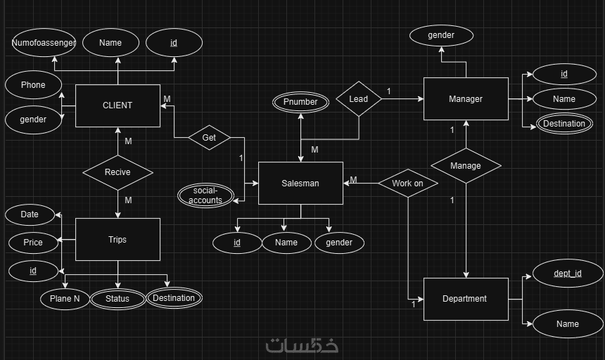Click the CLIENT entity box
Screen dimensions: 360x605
tap(117, 106)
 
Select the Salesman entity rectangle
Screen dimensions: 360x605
tap(300, 184)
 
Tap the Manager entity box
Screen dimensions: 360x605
tap(466, 99)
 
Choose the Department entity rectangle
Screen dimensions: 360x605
tap(465, 299)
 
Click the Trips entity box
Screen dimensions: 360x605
tap(117, 240)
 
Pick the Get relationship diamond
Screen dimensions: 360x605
tap(209, 138)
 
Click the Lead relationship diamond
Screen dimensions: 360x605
tap(359, 99)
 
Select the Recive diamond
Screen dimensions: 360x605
tap(117, 172)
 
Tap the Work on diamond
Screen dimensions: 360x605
tap(408, 184)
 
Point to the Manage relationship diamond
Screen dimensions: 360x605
tap(466, 166)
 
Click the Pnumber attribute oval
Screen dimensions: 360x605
tap(301, 102)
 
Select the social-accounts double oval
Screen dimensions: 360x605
tap(205, 195)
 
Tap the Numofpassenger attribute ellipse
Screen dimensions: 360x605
tap(44, 43)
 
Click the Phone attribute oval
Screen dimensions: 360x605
tap(33, 85)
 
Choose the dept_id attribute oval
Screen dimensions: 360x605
tap(568, 274)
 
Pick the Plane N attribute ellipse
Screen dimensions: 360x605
tap(65, 299)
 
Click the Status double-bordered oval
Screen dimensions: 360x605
tap(117, 299)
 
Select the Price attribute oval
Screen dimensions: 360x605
tap(33, 243)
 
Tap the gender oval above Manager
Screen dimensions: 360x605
tap(441, 35)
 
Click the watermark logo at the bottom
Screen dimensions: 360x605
tap(302, 345)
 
